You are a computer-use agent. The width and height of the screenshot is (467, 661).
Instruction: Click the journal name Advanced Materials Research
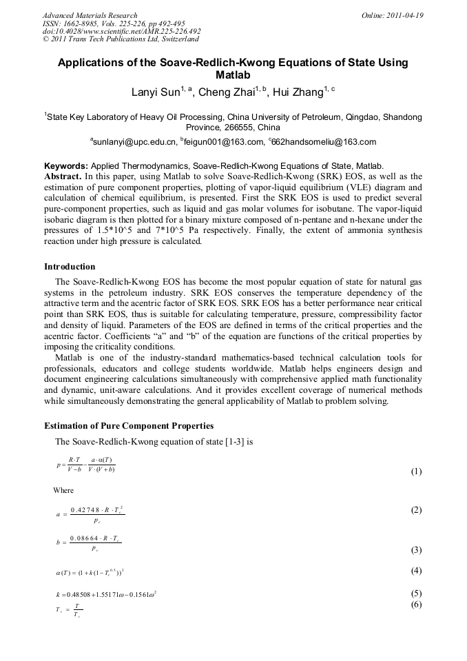pos(90,15)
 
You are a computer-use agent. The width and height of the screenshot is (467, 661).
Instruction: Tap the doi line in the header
pos(121,31)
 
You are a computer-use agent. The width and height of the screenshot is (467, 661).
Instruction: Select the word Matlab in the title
pos(233,75)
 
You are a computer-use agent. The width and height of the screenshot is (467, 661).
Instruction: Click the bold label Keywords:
pos(66,166)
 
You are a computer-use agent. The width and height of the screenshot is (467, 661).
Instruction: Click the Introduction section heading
pos(70,267)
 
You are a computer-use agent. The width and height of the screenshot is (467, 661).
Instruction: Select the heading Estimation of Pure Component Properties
pos(129,425)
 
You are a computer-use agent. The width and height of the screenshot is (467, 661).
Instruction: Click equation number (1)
pos(416,471)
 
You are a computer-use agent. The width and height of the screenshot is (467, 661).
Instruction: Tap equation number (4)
pos(416,571)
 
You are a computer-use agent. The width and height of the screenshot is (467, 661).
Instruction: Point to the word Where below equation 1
pos(63,490)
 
